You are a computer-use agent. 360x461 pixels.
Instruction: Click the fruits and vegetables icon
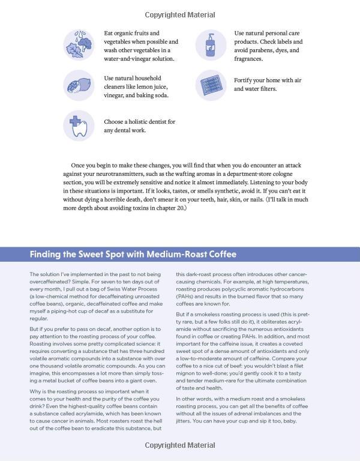tap(79, 45)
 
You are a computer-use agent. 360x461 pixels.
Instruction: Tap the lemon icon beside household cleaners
tap(79, 86)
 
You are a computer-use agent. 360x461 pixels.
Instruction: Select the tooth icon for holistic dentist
tap(79, 125)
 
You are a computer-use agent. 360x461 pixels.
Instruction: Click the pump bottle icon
tap(211, 45)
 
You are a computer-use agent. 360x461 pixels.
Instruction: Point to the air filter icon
tap(211, 85)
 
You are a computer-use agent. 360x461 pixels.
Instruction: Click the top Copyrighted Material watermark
tap(179, 14)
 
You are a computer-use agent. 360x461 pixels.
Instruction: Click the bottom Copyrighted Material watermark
tap(179, 445)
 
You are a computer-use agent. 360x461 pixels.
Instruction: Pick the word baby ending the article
tap(297, 421)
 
